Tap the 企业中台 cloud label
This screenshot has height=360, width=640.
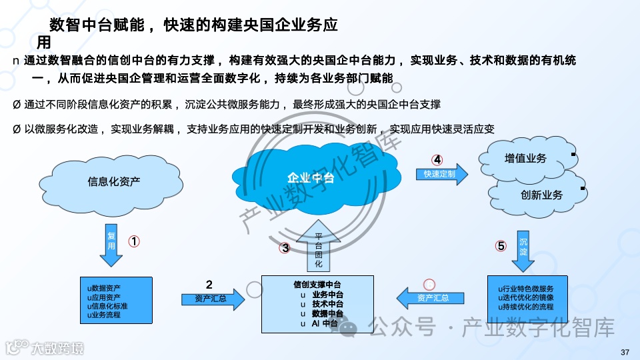click(310, 178)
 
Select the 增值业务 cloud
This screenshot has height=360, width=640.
click(525, 159)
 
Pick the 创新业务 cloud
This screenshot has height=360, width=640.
click(541, 195)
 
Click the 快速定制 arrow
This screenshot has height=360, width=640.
click(441, 175)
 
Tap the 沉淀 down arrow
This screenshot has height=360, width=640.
click(523, 249)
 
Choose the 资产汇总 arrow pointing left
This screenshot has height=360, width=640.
click(431, 297)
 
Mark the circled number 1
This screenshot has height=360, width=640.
click(133, 242)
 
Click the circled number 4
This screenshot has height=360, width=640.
click(437, 160)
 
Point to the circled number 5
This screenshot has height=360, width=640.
click(501, 246)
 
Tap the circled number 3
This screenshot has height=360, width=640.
click(285, 248)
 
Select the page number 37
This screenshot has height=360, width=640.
click(625, 352)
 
